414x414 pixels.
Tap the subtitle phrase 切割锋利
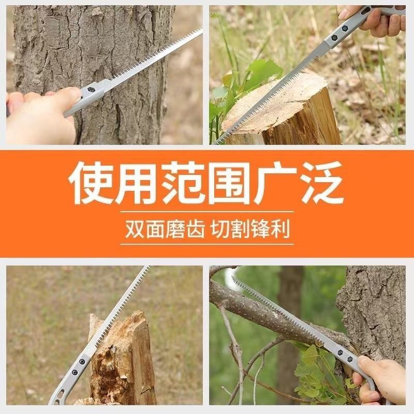click(x=253, y=228)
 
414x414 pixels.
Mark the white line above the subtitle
click(x=207, y=211)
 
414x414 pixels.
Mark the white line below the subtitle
click(x=207, y=244)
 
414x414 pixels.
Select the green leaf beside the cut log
click(x=259, y=72)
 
